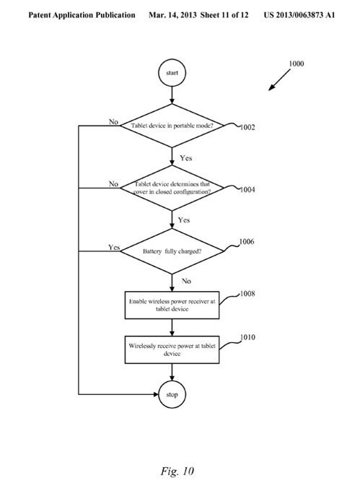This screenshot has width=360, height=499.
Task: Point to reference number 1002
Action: tap(247, 127)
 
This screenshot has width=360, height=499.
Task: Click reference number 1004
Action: tap(247, 190)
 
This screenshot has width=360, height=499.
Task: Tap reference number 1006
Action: tap(247, 241)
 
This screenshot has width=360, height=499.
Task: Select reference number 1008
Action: tap(247, 293)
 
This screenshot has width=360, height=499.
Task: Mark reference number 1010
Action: tap(247, 337)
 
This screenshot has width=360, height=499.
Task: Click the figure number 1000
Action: tap(296, 64)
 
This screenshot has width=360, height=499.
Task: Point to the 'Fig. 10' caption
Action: tap(177, 471)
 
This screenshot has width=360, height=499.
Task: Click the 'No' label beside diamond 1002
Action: tap(113, 121)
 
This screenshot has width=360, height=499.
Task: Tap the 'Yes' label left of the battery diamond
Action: tap(114, 247)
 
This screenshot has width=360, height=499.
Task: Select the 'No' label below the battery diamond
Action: tap(186, 281)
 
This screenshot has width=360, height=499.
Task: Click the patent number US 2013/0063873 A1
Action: tap(299, 15)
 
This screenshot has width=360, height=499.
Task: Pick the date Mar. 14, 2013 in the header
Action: tap(172, 15)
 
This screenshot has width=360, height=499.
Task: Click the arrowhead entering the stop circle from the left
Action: tap(156, 394)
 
